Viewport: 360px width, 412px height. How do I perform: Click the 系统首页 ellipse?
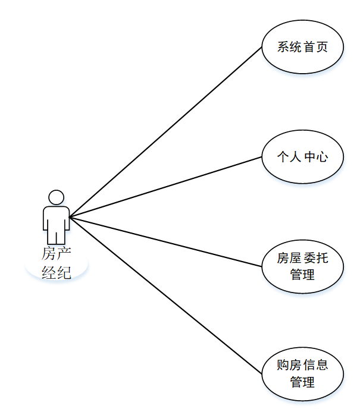pos(302,47)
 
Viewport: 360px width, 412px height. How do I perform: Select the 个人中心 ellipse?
pos(302,157)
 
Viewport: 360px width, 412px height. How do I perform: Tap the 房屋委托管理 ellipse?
pos(302,266)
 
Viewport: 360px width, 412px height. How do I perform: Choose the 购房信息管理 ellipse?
pos(302,373)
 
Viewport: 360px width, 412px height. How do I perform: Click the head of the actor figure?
pos(56,197)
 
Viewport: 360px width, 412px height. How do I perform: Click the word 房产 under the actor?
pos(56,254)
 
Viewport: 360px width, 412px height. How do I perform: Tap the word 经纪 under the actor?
pos(56,273)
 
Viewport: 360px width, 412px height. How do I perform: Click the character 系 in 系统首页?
pos(283,48)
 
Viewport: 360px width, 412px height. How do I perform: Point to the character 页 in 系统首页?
pos(322,48)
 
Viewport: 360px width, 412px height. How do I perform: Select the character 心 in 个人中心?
pos(322,157)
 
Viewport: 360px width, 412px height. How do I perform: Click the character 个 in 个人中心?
pos(283,157)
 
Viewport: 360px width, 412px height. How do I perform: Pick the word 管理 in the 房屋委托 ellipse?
pos(302,275)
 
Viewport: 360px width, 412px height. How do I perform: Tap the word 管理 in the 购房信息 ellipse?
pos(302,382)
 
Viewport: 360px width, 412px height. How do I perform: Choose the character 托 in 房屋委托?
pos(322,258)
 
